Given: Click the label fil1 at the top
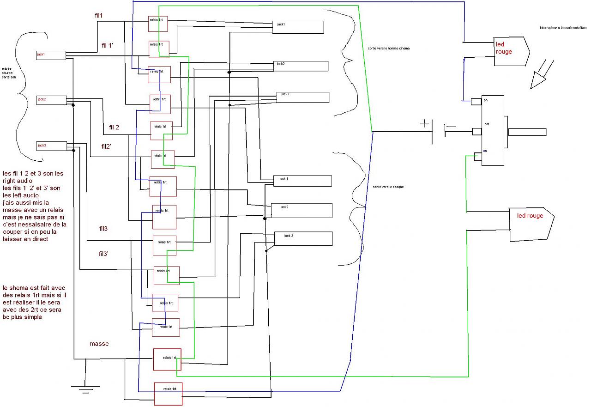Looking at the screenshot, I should [98, 16].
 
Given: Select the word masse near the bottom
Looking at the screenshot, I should [99, 344].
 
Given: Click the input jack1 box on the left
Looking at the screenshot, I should [51, 55].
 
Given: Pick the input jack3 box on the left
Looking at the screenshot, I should [51, 146].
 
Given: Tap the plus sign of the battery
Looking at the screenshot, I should [424, 123].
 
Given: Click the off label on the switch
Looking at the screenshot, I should [487, 124].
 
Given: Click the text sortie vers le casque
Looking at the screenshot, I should [388, 187].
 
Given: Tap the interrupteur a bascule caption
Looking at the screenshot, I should [562, 28].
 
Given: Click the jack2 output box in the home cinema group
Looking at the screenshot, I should [301, 66].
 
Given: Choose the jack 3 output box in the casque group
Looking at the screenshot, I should [303, 238].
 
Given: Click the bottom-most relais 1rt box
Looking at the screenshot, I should [168, 394].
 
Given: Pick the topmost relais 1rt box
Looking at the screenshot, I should [157, 24].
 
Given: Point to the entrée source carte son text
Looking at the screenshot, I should [8, 73].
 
